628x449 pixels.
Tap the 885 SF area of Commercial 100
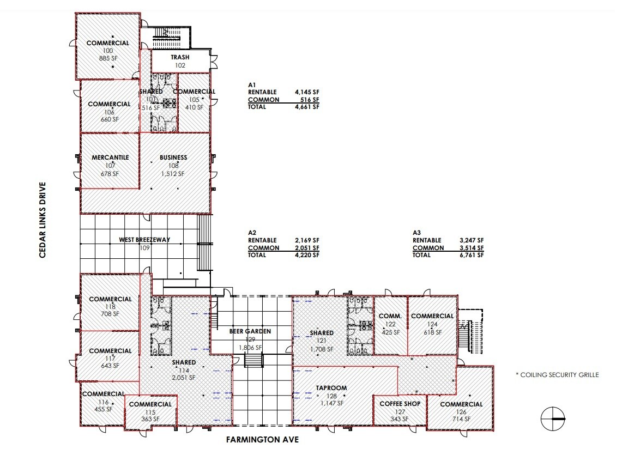[108, 58]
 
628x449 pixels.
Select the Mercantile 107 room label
[110, 157]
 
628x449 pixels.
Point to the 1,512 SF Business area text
[173, 174]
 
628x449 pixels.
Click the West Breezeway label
[144, 240]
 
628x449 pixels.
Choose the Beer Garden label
[250, 331]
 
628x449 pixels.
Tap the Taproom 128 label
[331, 388]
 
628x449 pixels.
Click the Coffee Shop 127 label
[400, 404]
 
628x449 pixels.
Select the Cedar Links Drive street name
[43, 220]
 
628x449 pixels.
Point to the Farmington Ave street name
[262, 439]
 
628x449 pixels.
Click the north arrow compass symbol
[553, 418]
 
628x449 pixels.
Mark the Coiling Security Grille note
[557, 375]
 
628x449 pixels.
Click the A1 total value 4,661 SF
[307, 107]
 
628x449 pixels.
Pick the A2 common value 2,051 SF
[307, 248]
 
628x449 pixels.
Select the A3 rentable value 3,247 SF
[472, 240]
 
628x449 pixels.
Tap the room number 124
[432, 324]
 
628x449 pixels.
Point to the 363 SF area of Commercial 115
[150, 419]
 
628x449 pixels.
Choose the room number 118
[110, 307]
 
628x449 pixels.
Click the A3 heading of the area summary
[416, 233]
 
